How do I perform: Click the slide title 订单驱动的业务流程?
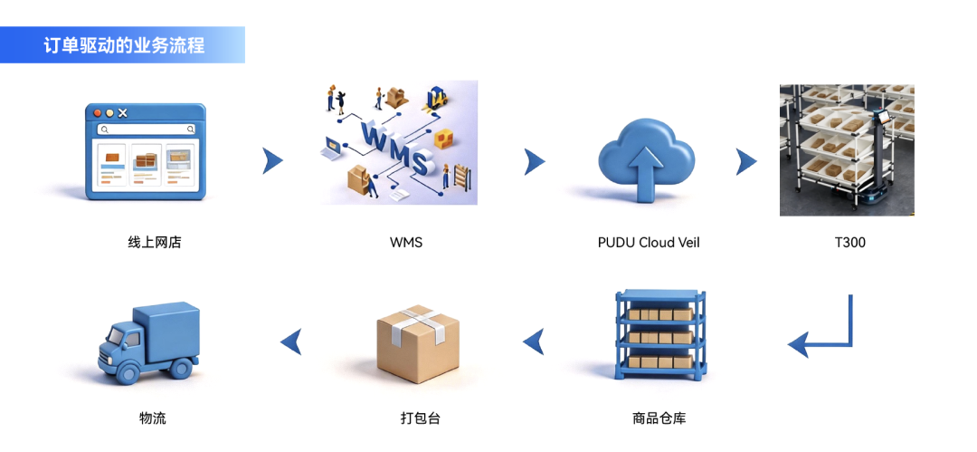point(124,44)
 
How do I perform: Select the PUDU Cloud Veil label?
point(649,243)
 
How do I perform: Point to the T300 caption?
point(849,243)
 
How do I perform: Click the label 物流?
point(153,418)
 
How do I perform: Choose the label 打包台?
point(420,418)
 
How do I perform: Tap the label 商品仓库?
point(659,418)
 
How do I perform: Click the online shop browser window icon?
point(146,151)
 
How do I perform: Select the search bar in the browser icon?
point(146,130)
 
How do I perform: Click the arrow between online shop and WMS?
point(272,161)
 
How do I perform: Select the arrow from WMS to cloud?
point(535,162)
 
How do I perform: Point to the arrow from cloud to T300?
point(746,162)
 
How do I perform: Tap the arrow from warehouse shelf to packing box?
point(534,341)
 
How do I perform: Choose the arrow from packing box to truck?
point(290,341)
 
